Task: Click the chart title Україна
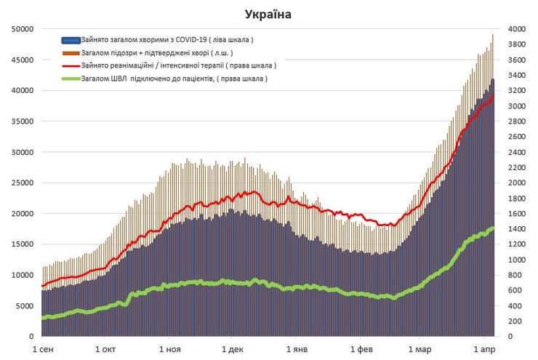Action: click(270, 14)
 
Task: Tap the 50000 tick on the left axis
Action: click(20, 29)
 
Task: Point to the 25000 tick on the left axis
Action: click(20, 183)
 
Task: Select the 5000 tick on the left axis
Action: click(23, 306)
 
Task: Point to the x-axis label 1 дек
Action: click(231, 349)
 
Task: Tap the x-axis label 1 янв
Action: click(295, 349)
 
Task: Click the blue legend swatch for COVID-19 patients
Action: click(71, 40)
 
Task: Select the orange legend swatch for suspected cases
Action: click(71, 53)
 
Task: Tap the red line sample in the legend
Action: click(71, 65)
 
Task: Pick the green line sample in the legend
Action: click(71, 79)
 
